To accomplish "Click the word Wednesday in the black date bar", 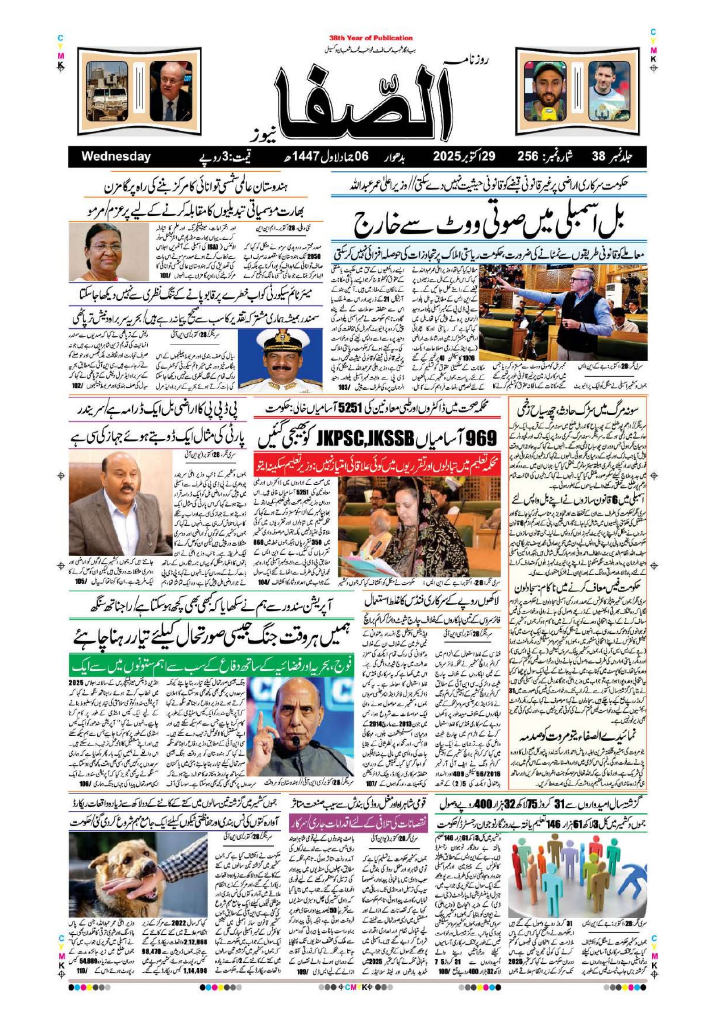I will (x=115, y=157).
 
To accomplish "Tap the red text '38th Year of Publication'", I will (x=371, y=38).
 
